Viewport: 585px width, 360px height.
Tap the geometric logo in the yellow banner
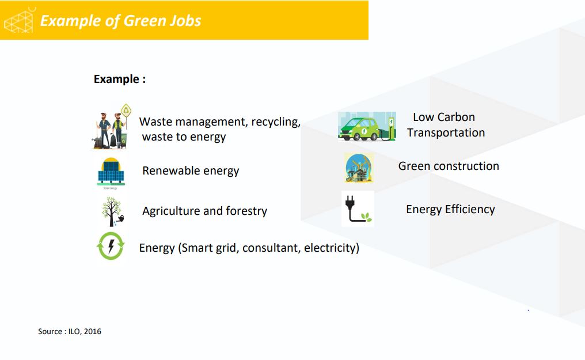tap(20, 20)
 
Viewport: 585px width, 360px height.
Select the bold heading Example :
tap(119, 79)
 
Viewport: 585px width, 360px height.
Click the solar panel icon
tap(111, 172)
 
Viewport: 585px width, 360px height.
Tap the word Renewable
tap(168, 170)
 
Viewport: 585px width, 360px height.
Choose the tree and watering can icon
tap(111, 211)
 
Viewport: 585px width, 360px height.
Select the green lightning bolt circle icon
tap(110, 247)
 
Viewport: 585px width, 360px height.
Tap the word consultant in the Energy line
tap(271, 248)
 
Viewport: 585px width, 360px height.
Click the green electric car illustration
tap(367, 127)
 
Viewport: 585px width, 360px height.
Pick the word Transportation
tap(446, 132)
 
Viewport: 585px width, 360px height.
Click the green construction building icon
tap(359, 168)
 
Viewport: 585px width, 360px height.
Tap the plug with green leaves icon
tap(358, 209)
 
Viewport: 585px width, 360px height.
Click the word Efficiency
tap(470, 209)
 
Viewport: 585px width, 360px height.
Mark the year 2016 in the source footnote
tap(92, 331)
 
